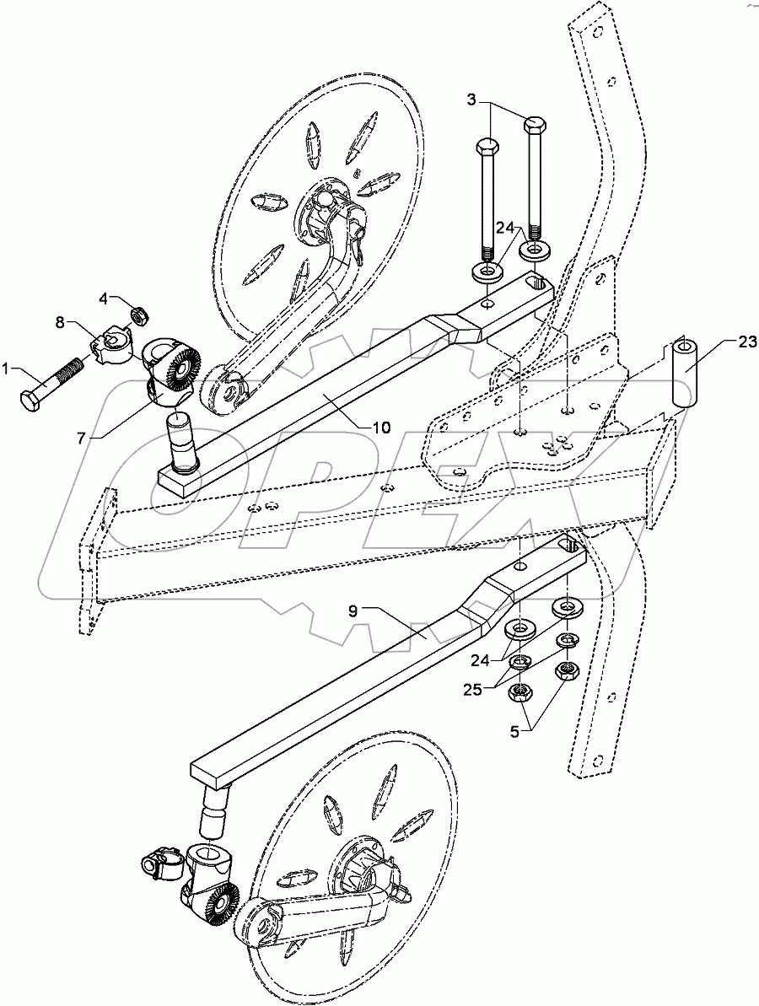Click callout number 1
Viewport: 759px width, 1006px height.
(6, 369)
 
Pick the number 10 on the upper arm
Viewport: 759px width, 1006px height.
(381, 428)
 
